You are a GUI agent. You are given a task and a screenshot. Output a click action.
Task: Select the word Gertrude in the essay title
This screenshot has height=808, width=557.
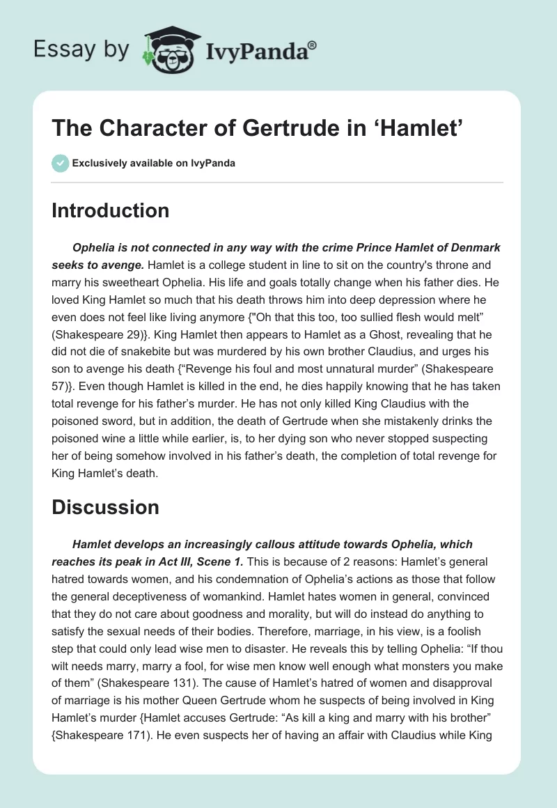[292, 128]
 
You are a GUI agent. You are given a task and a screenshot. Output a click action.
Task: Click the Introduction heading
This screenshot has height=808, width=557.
[110, 210]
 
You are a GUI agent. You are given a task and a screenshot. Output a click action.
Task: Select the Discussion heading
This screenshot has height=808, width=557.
[105, 508]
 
